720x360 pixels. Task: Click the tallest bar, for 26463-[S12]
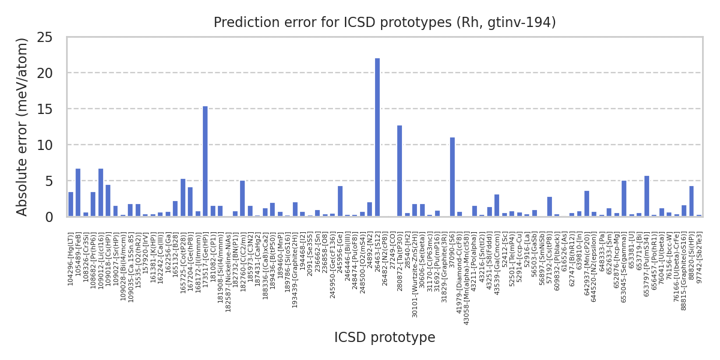pyautogui.click(x=377, y=137)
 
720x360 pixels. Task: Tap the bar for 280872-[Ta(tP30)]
pyautogui.click(x=400, y=171)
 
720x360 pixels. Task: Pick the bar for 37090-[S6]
pyautogui.click(x=452, y=177)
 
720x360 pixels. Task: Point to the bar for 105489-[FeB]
pyautogui.click(x=78, y=193)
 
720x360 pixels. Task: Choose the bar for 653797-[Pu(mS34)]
pyautogui.click(x=647, y=196)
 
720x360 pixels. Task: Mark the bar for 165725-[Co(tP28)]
pyautogui.click(x=183, y=197)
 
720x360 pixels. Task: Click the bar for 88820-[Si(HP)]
pyautogui.click(x=692, y=201)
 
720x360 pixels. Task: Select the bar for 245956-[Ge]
pyautogui.click(x=340, y=201)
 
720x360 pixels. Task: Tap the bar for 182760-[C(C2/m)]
pyautogui.click(x=242, y=198)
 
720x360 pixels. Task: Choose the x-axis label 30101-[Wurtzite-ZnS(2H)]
pyautogui.click(x=415, y=269)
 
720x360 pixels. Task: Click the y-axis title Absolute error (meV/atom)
pyautogui.click(x=23, y=127)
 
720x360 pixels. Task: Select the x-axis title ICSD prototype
pyautogui.click(x=385, y=338)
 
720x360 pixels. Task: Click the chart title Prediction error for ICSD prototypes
pyautogui.click(x=385, y=23)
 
